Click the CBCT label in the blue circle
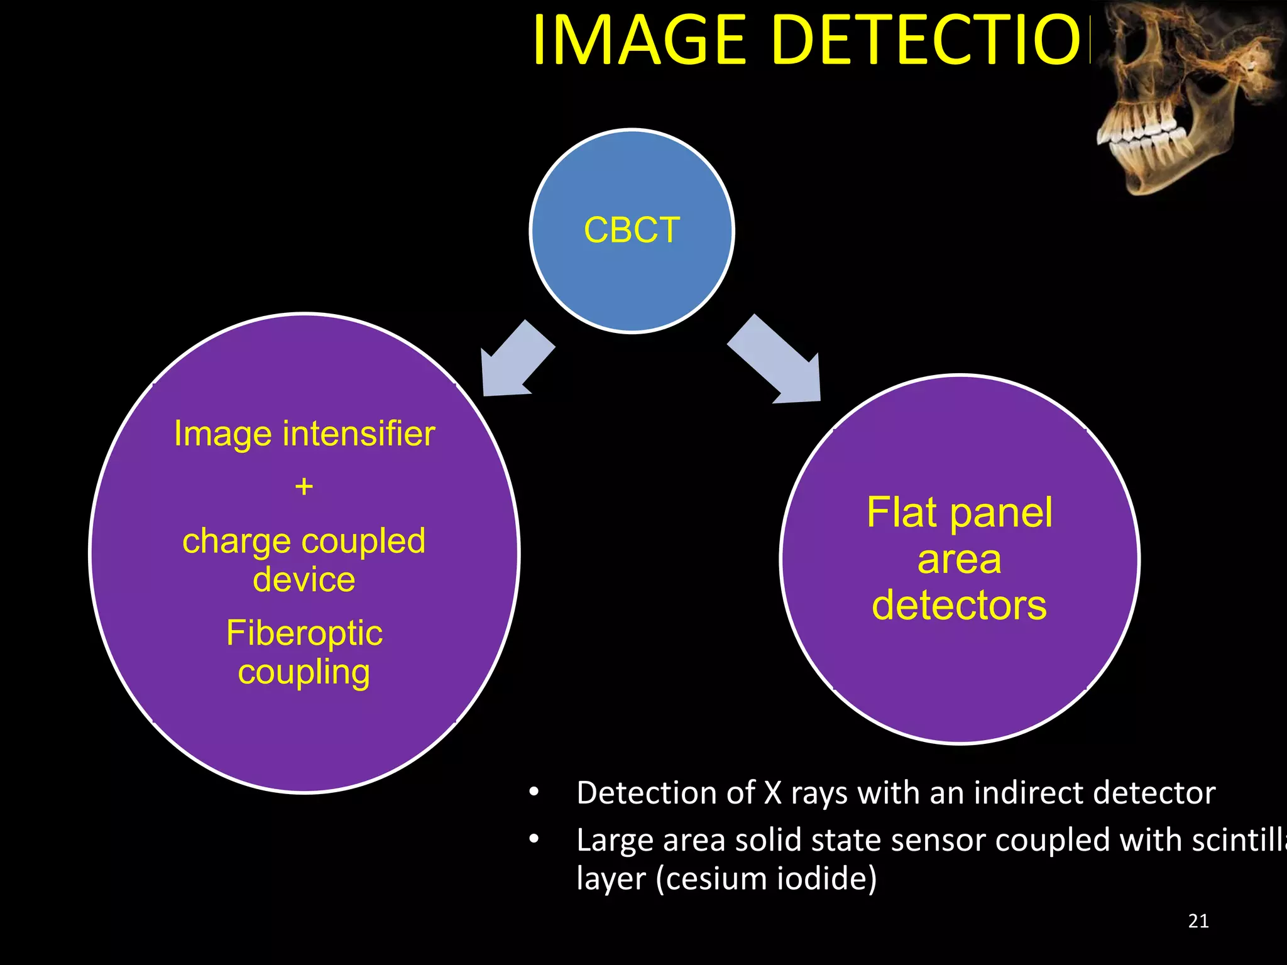tap(632, 230)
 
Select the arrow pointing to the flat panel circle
tap(779, 361)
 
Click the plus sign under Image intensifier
tap(304, 486)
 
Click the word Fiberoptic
tap(304, 633)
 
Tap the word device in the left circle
tap(304, 579)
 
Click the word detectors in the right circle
tap(959, 606)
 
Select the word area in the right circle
tap(959, 560)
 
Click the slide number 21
tap(1198, 921)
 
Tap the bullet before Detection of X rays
tap(534, 793)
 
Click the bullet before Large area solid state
tap(534, 839)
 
